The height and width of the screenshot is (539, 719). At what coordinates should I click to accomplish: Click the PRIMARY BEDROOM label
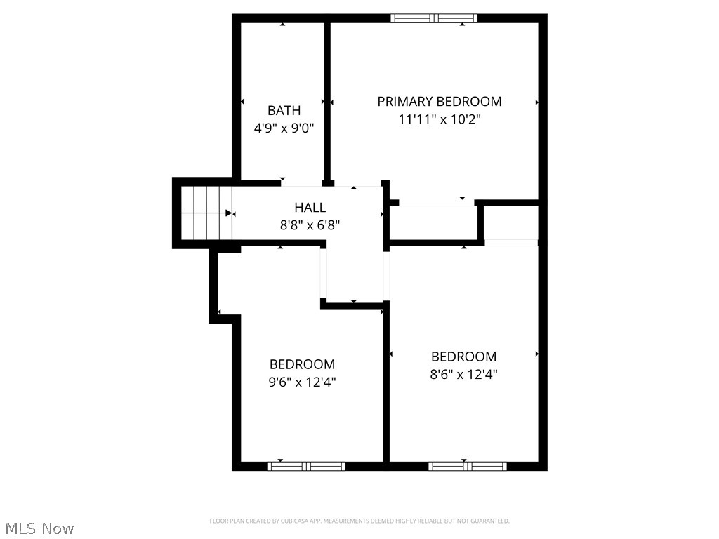point(440,101)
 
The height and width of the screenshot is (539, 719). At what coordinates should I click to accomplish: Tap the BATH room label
point(284,110)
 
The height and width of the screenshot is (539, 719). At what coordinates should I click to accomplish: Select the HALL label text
point(310,207)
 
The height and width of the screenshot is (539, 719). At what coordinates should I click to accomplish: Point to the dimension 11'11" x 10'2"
point(440,119)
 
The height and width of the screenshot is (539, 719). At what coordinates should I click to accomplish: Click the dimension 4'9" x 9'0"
point(284,128)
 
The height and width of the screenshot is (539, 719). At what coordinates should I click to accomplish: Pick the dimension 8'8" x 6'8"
point(310,225)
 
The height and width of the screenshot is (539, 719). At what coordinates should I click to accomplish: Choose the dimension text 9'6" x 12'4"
point(303,382)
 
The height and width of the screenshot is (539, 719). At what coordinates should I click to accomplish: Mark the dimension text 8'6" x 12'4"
point(463,374)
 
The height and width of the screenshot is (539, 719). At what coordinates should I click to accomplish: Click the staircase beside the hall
point(206,213)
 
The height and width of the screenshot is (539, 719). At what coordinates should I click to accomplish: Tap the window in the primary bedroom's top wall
point(434,18)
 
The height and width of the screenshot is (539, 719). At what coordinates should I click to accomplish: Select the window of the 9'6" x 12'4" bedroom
point(306,465)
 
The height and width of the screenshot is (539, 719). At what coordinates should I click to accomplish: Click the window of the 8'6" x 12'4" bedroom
point(468,465)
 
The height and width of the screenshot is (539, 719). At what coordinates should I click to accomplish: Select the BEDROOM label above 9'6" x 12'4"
point(303,364)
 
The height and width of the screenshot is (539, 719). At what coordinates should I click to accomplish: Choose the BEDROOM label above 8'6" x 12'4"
point(463,356)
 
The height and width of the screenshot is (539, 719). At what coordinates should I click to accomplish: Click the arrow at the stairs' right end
point(229,213)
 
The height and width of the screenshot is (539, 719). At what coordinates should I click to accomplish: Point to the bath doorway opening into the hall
point(303,183)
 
